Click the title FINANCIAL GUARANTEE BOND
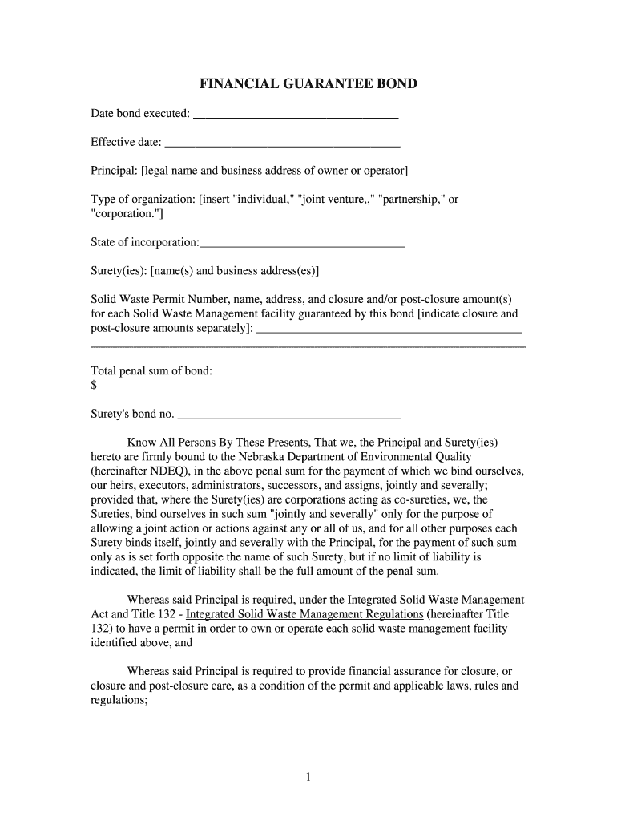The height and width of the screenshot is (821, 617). [308, 84]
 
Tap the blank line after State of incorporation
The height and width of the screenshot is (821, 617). [303, 244]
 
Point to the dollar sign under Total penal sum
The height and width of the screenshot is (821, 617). [94, 386]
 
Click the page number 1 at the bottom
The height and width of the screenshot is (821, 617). [308, 776]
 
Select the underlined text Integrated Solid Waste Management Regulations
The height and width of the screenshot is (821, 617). [304, 614]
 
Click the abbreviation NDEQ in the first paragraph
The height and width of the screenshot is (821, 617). [167, 471]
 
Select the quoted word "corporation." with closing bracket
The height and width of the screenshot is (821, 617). [127, 214]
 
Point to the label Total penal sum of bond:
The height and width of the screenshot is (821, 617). [151, 371]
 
